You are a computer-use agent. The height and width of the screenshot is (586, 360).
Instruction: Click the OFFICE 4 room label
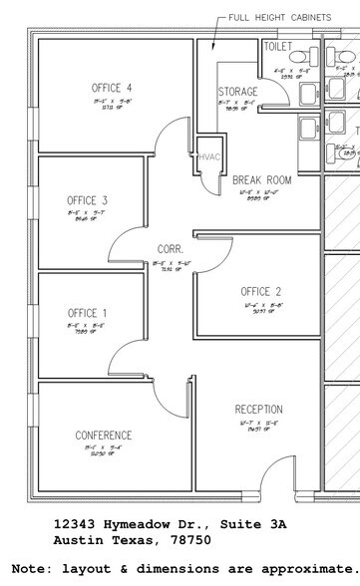pos(112,88)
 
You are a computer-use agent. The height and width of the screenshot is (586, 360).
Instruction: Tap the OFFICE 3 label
pos(88,200)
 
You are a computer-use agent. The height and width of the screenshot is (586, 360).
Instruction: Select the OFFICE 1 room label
pos(88,312)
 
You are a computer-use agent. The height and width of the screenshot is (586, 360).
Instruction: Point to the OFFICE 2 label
pos(261,291)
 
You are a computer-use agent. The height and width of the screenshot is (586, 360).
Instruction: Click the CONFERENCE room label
pos(104,436)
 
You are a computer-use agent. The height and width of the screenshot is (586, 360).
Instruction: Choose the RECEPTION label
pos(258,410)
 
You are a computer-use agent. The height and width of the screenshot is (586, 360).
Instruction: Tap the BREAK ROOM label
pos(261,180)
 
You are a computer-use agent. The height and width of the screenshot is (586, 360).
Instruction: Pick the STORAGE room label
pos(237,92)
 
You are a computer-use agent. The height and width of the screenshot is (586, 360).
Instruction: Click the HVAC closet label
pos(209,157)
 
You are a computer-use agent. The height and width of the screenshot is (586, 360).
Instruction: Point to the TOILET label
pos(277,46)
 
